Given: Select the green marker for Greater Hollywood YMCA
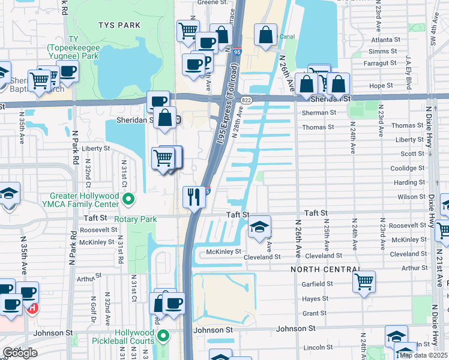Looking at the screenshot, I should [127, 198].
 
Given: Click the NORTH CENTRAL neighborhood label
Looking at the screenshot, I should [325, 269].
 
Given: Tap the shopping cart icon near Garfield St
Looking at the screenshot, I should [364, 281].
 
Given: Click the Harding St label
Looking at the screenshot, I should [409, 182].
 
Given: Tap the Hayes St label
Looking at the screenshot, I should [315, 298].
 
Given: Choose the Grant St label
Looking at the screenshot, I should [315, 313].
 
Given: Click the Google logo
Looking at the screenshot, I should [20, 353].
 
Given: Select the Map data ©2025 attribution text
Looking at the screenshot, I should [423, 355].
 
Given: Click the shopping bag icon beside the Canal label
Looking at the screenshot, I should [265, 35].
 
